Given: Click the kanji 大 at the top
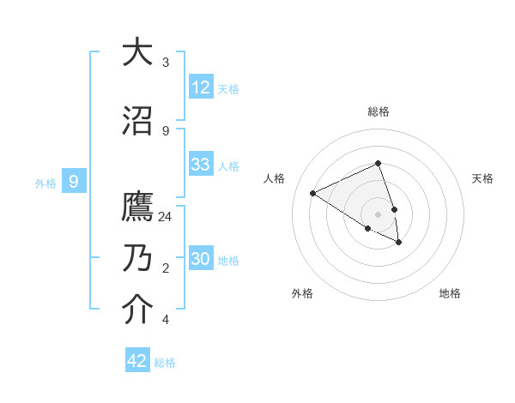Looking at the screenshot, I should pos(137,52).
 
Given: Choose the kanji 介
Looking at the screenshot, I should pos(137,310).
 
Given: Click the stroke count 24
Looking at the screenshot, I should pos(166,217).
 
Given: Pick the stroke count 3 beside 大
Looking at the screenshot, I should pos(165,63).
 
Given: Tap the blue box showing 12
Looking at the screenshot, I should pos(201,87).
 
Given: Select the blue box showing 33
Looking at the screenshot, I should pos(201,165).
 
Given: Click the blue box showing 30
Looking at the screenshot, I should pos(201,258).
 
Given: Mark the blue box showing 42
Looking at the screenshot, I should pos(137,361).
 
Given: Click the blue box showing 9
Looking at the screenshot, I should pos(74,181).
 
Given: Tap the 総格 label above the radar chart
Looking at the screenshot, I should pos(379,111).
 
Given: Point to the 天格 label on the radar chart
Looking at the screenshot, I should pos(482,178).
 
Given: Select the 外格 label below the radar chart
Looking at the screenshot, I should pos(302,293).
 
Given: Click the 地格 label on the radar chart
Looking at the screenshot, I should pos(450,293).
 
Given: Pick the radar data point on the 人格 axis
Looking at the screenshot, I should pos(313,193).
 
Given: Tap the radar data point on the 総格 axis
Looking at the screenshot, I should pos(379,163).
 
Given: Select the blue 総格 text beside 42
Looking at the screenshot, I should pos(165,363).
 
